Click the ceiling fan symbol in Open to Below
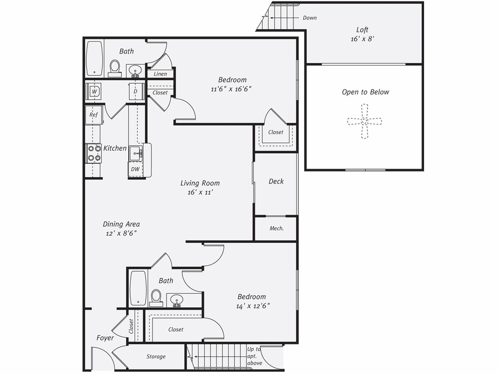[x=364, y=121]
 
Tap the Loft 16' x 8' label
[x=362, y=34]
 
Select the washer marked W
[x=94, y=91]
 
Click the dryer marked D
[x=135, y=91]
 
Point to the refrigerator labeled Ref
[x=94, y=115]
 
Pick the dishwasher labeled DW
[x=135, y=169]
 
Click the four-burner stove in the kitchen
[x=94, y=153]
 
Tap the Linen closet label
[x=160, y=74]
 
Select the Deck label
[x=276, y=181]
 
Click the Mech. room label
[x=276, y=229]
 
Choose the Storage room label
[x=156, y=357]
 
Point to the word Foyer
[x=105, y=338]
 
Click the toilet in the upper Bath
[x=115, y=68]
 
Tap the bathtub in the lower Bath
[x=138, y=288]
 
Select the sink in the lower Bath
[x=177, y=299]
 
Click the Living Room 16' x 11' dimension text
[x=201, y=192]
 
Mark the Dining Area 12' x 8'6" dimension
[x=120, y=234]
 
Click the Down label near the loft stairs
[x=309, y=18]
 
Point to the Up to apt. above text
[x=254, y=356]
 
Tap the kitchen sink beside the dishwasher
[x=135, y=154]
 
